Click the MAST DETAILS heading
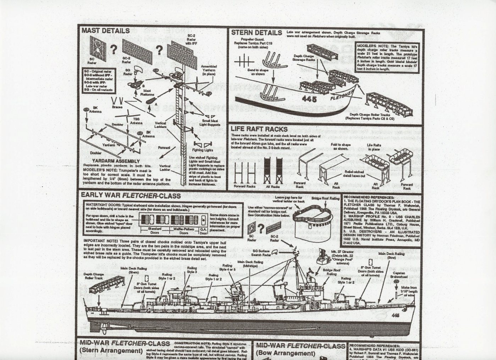(105, 31)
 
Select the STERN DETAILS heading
(257, 33)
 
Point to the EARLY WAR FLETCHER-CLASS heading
(131, 195)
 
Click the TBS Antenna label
(136, 121)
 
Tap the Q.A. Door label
(203, 231)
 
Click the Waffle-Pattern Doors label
(184, 231)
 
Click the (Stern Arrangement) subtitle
(111, 351)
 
